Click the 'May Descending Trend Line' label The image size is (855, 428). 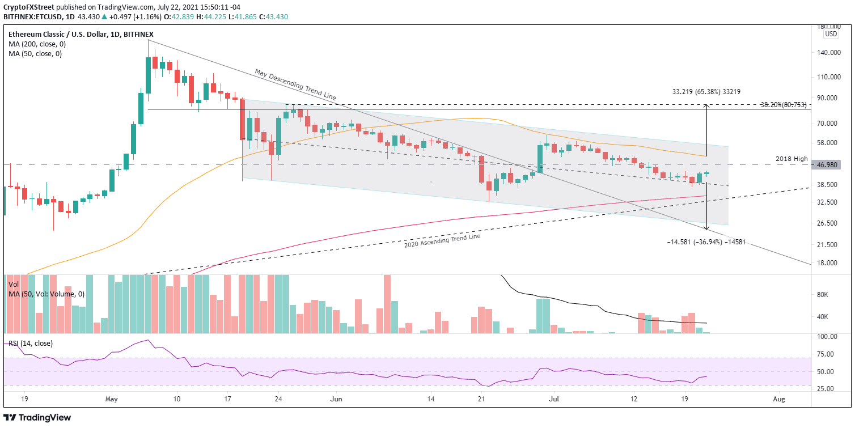click(x=295, y=85)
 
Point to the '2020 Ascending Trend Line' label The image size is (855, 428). click(x=442, y=240)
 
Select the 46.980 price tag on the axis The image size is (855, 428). click(x=831, y=165)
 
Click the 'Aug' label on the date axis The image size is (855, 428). click(x=778, y=399)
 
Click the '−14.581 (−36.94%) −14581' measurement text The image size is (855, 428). click(x=706, y=242)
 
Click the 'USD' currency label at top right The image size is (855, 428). click(x=831, y=34)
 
